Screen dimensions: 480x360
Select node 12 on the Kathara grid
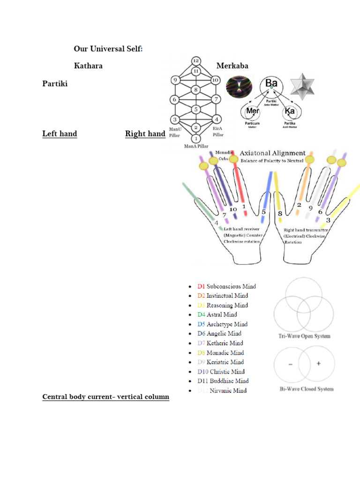coord(196,61)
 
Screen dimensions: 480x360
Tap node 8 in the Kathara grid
coord(197,90)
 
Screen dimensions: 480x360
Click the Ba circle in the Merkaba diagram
coord(271,84)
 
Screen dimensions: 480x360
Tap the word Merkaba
coord(232,66)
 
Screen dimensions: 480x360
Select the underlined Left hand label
coord(60,134)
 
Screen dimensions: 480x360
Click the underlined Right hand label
coord(145,134)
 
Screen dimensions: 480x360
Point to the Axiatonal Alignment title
coord(272,153)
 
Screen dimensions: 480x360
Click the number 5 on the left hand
coord(264,212)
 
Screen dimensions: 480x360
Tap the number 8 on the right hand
coord(280,214)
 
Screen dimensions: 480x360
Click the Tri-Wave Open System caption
coord(305,336)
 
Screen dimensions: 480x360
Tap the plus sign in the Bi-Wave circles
coord(318,364)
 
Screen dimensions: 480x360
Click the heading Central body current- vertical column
coord(105,397)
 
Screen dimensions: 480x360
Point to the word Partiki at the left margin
coord(55,84)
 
